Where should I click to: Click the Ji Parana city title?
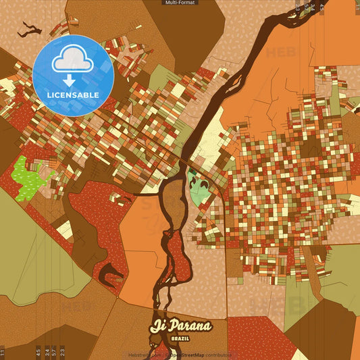pos(180,326)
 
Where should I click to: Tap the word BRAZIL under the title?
pos(180,337)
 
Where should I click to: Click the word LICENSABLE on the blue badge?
pos(72,95)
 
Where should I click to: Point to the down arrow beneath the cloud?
pos(72,79)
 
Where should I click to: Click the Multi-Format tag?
pos(180,3)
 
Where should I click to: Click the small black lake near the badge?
pos(30,30)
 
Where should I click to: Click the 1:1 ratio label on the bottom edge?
pos(3,352)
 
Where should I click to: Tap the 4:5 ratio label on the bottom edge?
pos(38,352)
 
